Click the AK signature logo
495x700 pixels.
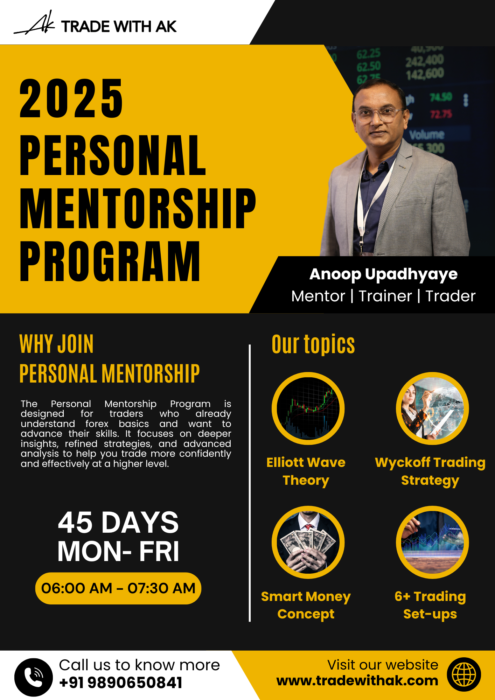tap(34, 23)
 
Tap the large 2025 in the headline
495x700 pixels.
tap(71, 98)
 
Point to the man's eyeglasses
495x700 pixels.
tap(379, 114)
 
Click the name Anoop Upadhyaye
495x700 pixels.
tap(383, 274)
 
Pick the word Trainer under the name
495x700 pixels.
tap(385, 296)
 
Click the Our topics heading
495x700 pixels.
tap(313, 344)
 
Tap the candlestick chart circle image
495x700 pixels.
tap(308, 408)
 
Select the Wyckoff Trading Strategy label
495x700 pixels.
tap(430, 471)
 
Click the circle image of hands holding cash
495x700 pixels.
tap(308, 542)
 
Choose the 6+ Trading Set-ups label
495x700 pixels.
tap(430, 605)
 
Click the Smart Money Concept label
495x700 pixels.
tap(306, 605)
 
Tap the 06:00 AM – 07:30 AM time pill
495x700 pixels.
tap(118, 588)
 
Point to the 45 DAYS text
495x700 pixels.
tap(118, 522)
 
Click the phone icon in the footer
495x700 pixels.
tap(34, 677)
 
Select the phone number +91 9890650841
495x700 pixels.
tap(121, 682)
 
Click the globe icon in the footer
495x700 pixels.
tap(464, 674)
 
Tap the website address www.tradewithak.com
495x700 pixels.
tap(357, 681)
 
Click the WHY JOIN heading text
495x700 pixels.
tap(57, 344)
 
